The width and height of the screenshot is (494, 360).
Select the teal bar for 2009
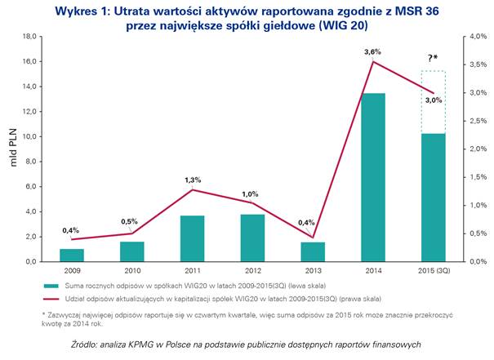[72, 255]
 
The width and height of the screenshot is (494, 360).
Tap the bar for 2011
[192, 238]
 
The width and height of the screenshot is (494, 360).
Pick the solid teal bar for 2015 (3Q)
[433, 197]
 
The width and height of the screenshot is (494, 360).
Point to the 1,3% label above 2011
[191, 180]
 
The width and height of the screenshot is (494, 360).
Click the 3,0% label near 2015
[433, 100]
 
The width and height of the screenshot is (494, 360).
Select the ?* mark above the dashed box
[434, 58]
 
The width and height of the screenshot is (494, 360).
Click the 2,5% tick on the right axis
[474, 121]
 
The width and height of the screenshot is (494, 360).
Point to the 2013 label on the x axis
[313, 269]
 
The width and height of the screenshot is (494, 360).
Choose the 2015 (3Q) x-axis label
[433, 269]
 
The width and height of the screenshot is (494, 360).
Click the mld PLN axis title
[11, 149]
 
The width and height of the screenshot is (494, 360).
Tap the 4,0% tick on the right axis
[474, 37]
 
